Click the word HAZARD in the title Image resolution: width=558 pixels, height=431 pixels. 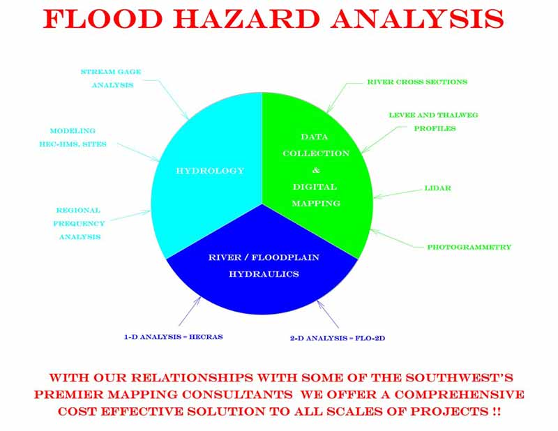pyautogui.click(x=246, y=19)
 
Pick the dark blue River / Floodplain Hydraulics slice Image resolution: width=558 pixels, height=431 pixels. pyautogui.click(x=262, y=271)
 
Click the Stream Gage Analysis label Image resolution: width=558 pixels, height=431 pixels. pyautogui.click(x=111, y=78)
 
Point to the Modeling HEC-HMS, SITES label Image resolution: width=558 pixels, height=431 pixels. pyautogui.click(x=73, y=137)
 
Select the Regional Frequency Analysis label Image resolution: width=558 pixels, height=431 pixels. pyautogui.click(x=79, y=223)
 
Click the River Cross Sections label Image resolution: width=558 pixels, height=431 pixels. pyautogui.click(x=417, y=82)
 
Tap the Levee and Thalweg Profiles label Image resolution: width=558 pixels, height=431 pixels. pyautogui.click(x=433, y=122)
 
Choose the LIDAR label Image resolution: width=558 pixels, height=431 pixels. pyautogui.click(x=438, y=188)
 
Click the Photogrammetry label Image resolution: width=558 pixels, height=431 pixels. pyautogui.click(x=469, y=247)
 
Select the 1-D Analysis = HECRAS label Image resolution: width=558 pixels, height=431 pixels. pyautogui.click(x=173, y=337)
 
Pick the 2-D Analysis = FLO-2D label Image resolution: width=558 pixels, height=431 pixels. pyautogui.click(x=338, y=338)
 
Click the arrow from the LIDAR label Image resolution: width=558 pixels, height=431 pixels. pyautogui.click(x=398, y=194)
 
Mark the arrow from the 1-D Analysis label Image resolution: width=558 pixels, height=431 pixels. pyautogui.click(x=190, y=311)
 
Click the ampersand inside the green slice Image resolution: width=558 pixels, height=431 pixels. pyautogui.click(x=316, y=170)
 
